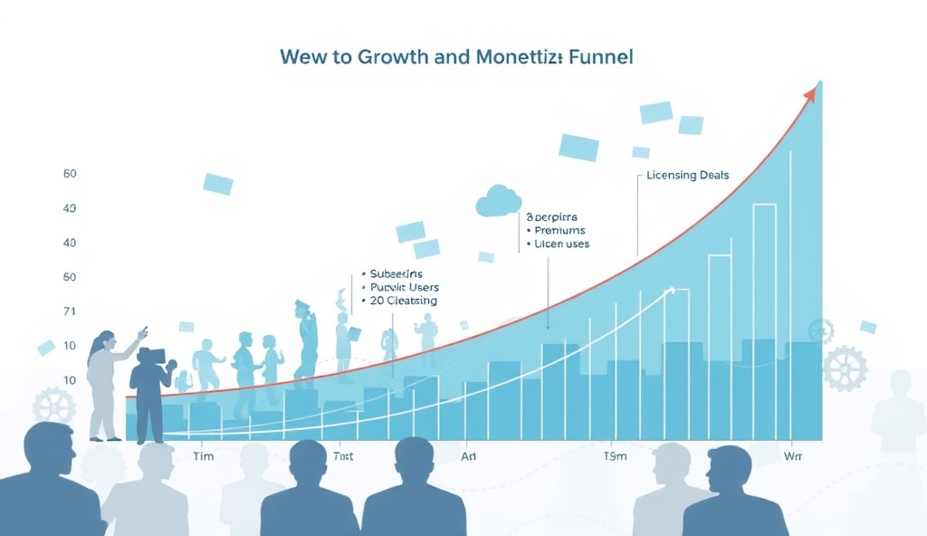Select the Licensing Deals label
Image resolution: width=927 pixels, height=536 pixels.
coord(687,175)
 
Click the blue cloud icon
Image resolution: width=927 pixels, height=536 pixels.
coord(498,200)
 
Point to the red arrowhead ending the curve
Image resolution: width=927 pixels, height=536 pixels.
coord(815,90)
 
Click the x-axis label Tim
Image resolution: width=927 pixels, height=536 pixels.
coord(204,456)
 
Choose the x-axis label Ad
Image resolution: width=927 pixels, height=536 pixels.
coord(469,456)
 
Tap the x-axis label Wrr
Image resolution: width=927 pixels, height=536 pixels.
coord(792,456)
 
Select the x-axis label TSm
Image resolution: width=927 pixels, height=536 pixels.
coord(615,456)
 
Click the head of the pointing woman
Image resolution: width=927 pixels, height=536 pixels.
coord(105,342)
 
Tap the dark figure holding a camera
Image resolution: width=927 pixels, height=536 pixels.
coord(149,389)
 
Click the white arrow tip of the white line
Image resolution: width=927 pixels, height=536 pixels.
coord(672,290)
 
